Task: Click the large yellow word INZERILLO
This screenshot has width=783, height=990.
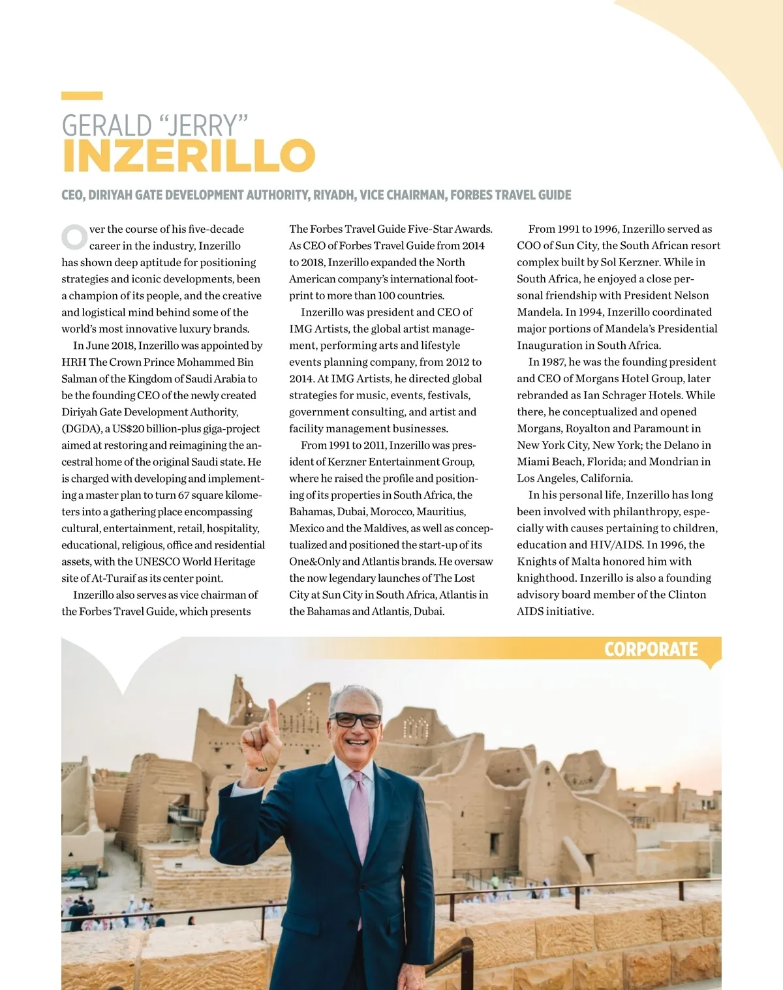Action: tap(188, 155)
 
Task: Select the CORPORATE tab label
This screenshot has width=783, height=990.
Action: tap(651, 650)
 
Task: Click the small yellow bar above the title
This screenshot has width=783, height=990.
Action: tap(82, 96)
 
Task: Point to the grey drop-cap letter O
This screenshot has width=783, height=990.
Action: tap(74, 237)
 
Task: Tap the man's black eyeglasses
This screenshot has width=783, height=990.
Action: tap(356, 720)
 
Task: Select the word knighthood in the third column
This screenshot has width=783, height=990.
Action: tap(545, 578)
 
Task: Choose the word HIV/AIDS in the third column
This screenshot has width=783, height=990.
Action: tap(616, 545)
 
